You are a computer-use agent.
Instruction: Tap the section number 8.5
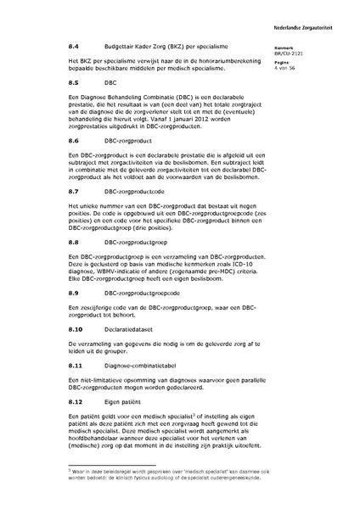[x=75, y=83]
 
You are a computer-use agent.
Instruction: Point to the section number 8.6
[x=75, y=137]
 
